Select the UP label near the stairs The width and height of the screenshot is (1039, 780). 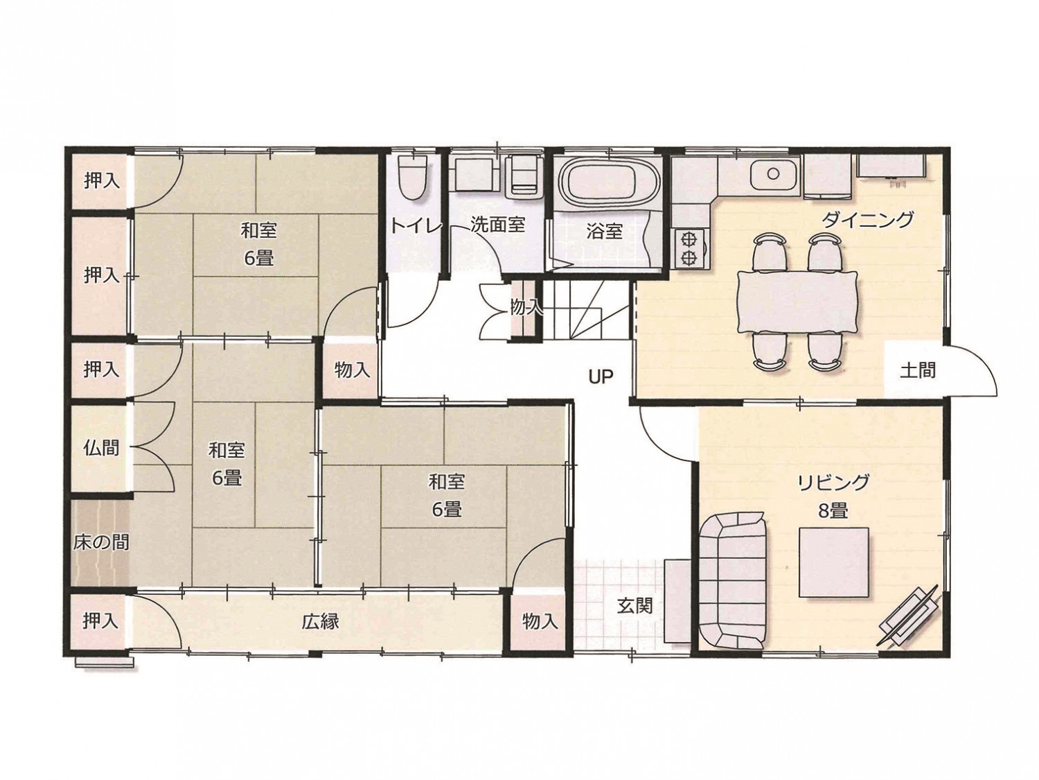pos(601,376)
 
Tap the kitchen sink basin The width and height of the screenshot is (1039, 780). pos(773,174)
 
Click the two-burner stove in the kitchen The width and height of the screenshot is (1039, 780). pos(689,249)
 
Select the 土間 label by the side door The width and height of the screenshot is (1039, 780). pos(917,371)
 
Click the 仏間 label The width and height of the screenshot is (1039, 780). pos(101,447)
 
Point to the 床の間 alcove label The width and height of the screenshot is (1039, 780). pos(101,542)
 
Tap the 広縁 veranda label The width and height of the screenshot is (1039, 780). pos(321,621)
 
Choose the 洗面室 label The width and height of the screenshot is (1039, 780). pos(498,225)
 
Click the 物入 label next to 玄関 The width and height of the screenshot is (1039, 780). pos(540,621)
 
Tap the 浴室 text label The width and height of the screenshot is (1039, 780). pos(603,231)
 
